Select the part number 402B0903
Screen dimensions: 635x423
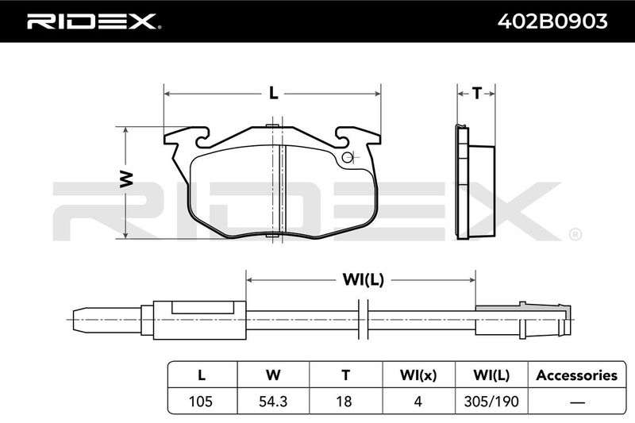tap(552, 21)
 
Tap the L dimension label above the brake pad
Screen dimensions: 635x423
tap(274, 94)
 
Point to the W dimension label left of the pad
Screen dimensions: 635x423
tap(126, 179)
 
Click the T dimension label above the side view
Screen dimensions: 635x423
tap(477, 94)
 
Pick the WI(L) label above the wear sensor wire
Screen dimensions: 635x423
tap(364, 279)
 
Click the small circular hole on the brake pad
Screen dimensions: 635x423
tap(347, 157)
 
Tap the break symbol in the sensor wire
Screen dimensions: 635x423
tap(364, 319)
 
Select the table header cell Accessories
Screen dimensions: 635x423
tap(577, 375)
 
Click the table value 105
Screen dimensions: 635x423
tap(201, 401)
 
